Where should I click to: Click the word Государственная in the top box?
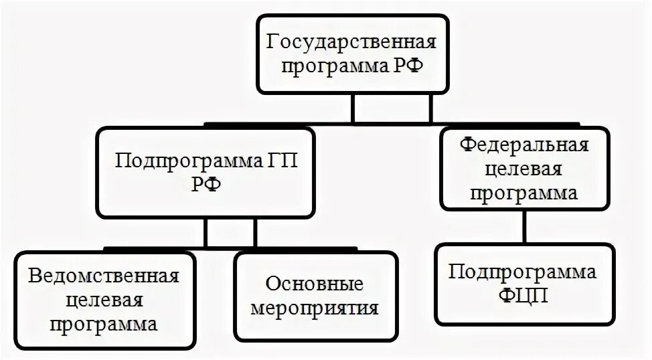(x=352, y=43)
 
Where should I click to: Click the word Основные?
(x=315, y=284)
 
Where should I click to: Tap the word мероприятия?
(x=315, y=309)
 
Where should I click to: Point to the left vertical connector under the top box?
(x=353, y=108)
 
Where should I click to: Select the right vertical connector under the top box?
(x=430, y=108)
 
